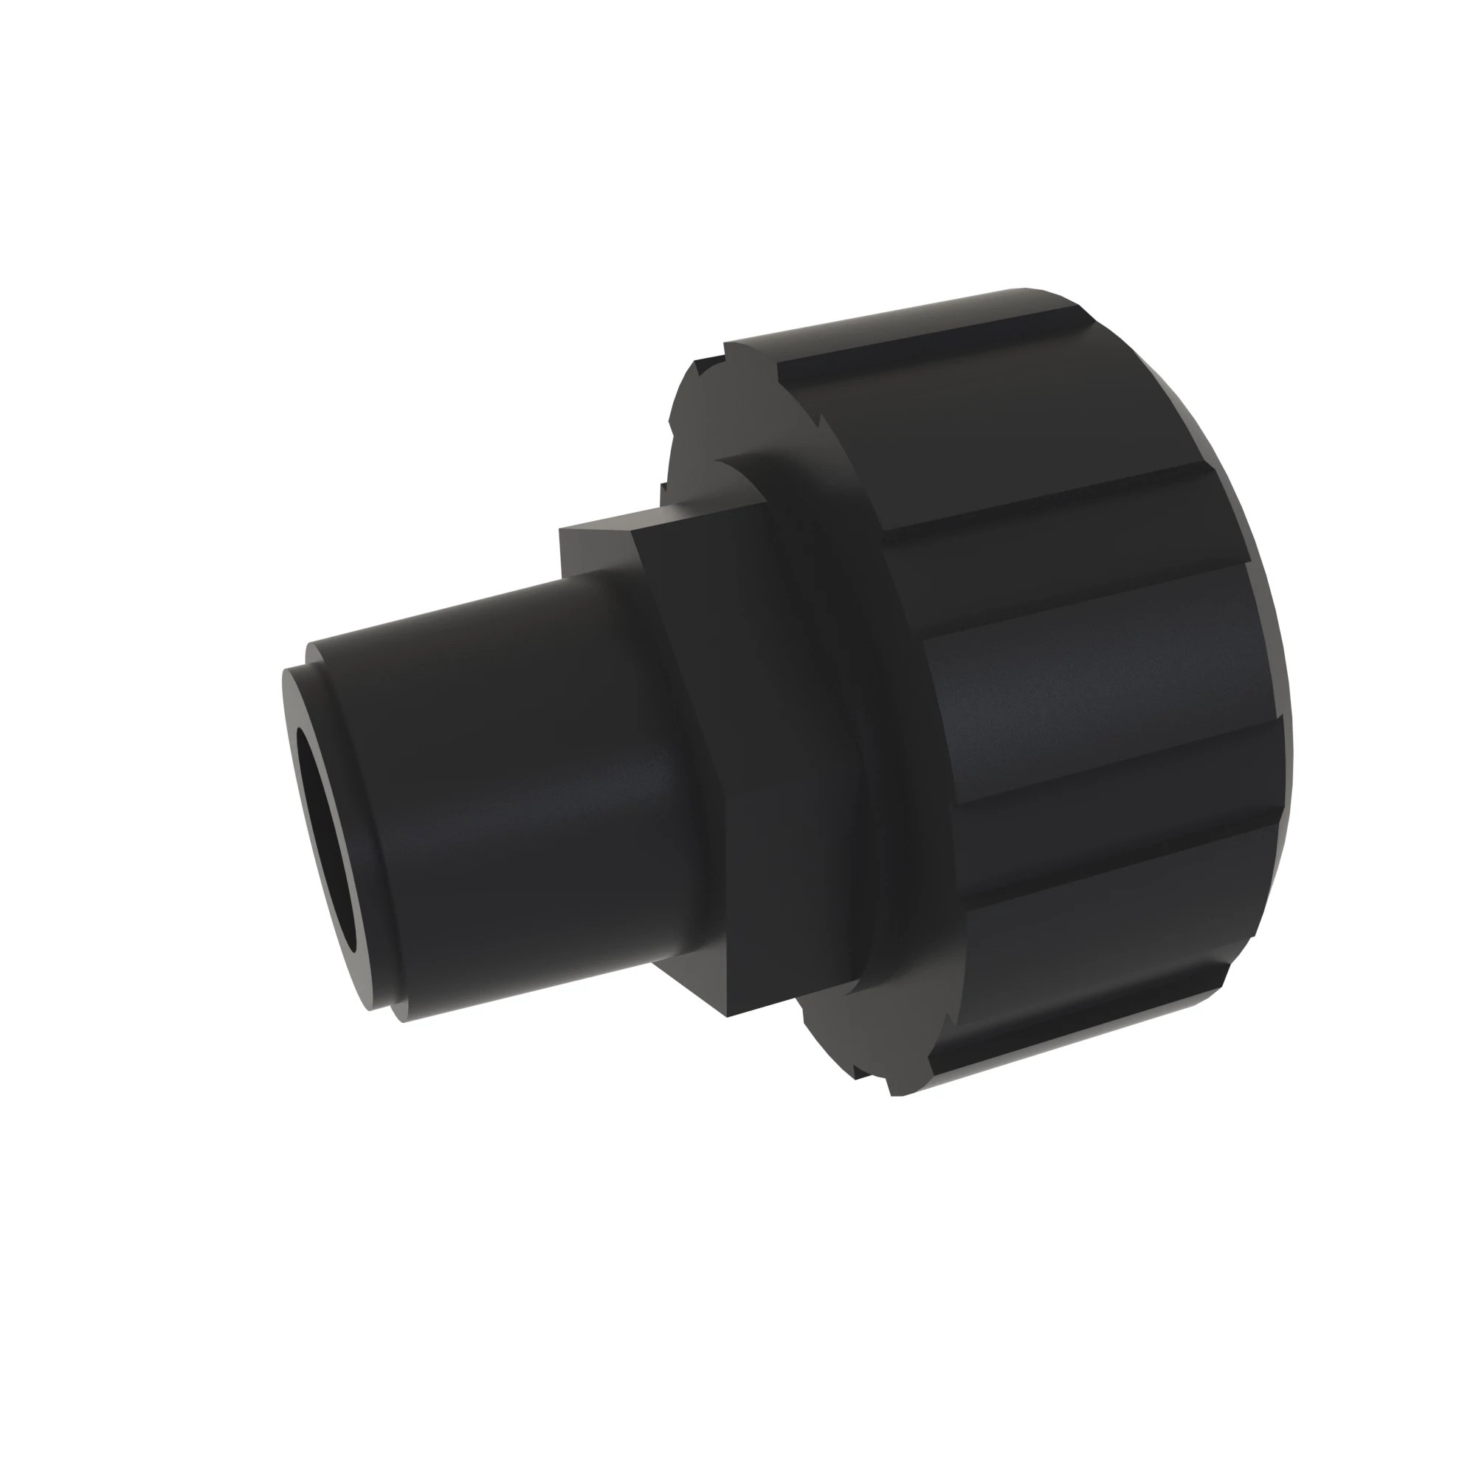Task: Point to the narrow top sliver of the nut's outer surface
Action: [x=878, y=321]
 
